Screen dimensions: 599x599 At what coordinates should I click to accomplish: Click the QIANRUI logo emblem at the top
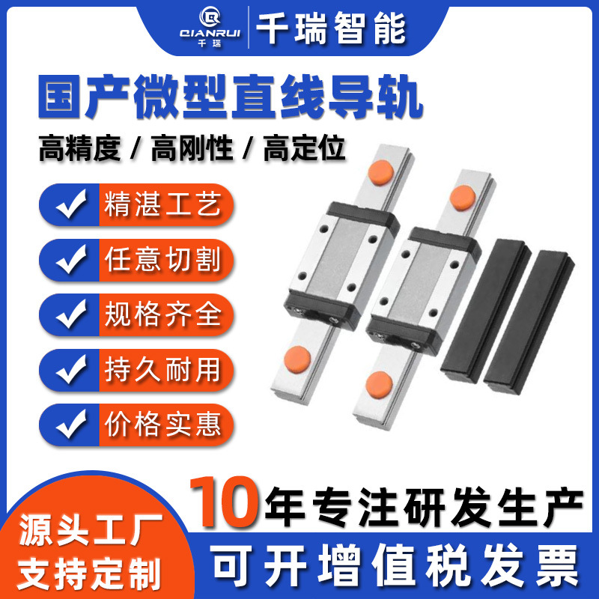(210, 18)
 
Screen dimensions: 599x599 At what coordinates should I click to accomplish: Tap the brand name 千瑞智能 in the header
(331, 28)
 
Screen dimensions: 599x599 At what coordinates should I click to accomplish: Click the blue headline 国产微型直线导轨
(231, 97)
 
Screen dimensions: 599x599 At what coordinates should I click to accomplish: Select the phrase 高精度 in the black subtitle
(80, 148)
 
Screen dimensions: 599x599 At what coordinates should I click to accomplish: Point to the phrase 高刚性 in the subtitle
(192, 148)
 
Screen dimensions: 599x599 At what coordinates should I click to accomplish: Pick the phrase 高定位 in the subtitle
(305, 148)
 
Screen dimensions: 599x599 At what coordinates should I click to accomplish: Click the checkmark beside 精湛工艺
(71, 204)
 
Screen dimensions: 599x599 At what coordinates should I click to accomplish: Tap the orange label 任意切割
(163, 260)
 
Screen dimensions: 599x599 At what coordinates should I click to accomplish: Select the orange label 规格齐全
(163, 314)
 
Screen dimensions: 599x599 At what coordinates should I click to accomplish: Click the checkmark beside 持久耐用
(71, 369)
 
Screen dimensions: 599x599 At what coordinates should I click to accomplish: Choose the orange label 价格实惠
(163, 425)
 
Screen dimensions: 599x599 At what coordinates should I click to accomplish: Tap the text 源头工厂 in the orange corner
(91, 529)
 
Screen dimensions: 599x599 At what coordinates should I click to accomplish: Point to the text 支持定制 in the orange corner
(89, 574)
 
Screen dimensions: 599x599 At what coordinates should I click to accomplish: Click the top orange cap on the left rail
(381, 173)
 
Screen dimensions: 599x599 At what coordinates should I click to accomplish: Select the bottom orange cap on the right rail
(379, 384)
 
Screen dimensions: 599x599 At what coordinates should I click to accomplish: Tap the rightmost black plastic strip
(529, 322)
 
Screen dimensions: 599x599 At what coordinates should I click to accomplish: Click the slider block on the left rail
(341, 265)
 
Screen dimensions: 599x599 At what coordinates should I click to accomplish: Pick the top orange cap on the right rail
(463, 198)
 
